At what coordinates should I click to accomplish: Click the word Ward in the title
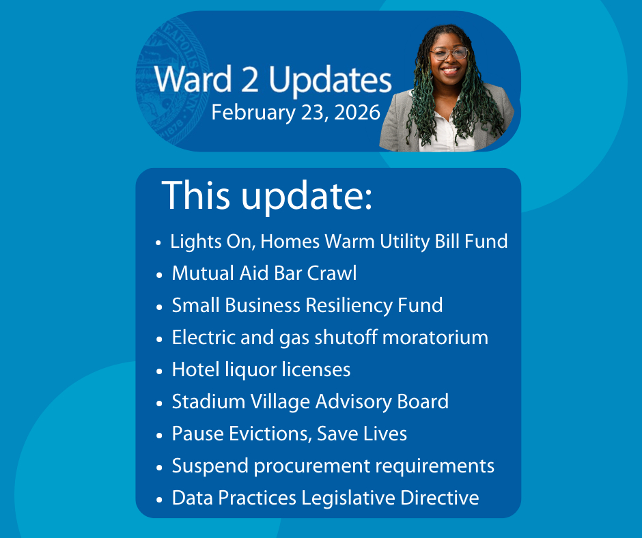(193, 79)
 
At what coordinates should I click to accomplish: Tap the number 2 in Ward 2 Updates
(250, 79)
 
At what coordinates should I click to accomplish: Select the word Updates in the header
(330, 81)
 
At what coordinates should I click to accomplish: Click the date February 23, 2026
(296, 113)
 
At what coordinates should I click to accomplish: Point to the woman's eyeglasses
(449, 53)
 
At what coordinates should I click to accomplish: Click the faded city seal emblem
(173, 81)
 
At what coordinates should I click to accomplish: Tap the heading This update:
(267, 195)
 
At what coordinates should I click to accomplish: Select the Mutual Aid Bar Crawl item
(264, 273)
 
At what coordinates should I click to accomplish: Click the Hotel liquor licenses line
(261, 369)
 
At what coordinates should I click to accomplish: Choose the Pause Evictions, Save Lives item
(290, 434)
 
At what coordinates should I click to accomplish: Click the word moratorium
(435, 338)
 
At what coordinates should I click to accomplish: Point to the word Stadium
(208, 401)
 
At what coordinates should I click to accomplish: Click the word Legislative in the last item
(348, 498)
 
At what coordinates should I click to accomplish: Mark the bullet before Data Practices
(159, 500)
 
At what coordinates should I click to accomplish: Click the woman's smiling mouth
(450, 70)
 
